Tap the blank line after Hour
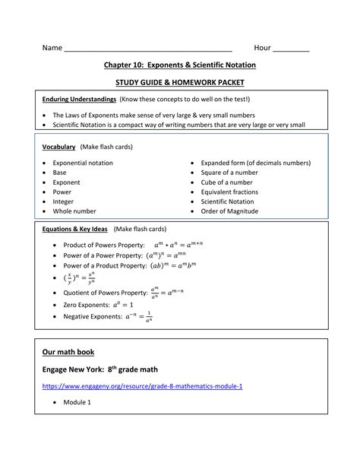click(291, 49)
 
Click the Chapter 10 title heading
click(180, 65)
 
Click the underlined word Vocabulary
click(59, 146)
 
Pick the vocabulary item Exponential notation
click(83, 163)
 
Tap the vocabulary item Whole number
click(74, 211)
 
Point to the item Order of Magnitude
click(229, 211)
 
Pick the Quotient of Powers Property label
click(105, 292)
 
